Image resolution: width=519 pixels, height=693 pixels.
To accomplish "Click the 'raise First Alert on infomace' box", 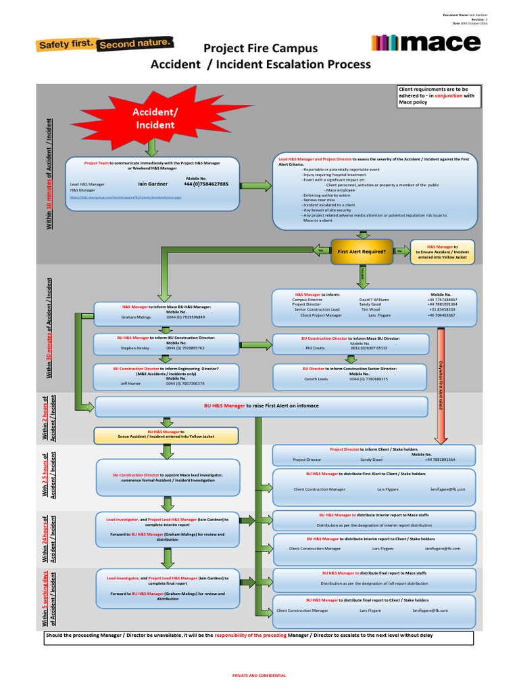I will pos(262,405).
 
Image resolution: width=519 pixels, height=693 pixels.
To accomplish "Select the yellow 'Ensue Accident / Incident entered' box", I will pos(161,434).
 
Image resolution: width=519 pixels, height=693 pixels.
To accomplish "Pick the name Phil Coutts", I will pos(316,348).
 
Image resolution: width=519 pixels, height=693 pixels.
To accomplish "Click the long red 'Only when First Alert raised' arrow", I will pos(441,379).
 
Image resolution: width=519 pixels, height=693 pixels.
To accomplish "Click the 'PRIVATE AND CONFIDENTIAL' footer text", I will pos(259,675).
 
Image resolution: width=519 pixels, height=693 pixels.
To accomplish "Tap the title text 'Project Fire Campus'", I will pos(260,48).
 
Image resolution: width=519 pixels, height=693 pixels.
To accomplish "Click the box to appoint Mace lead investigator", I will pos(168,478).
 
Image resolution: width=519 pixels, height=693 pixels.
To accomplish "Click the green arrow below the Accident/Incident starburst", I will pos(153,147).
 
